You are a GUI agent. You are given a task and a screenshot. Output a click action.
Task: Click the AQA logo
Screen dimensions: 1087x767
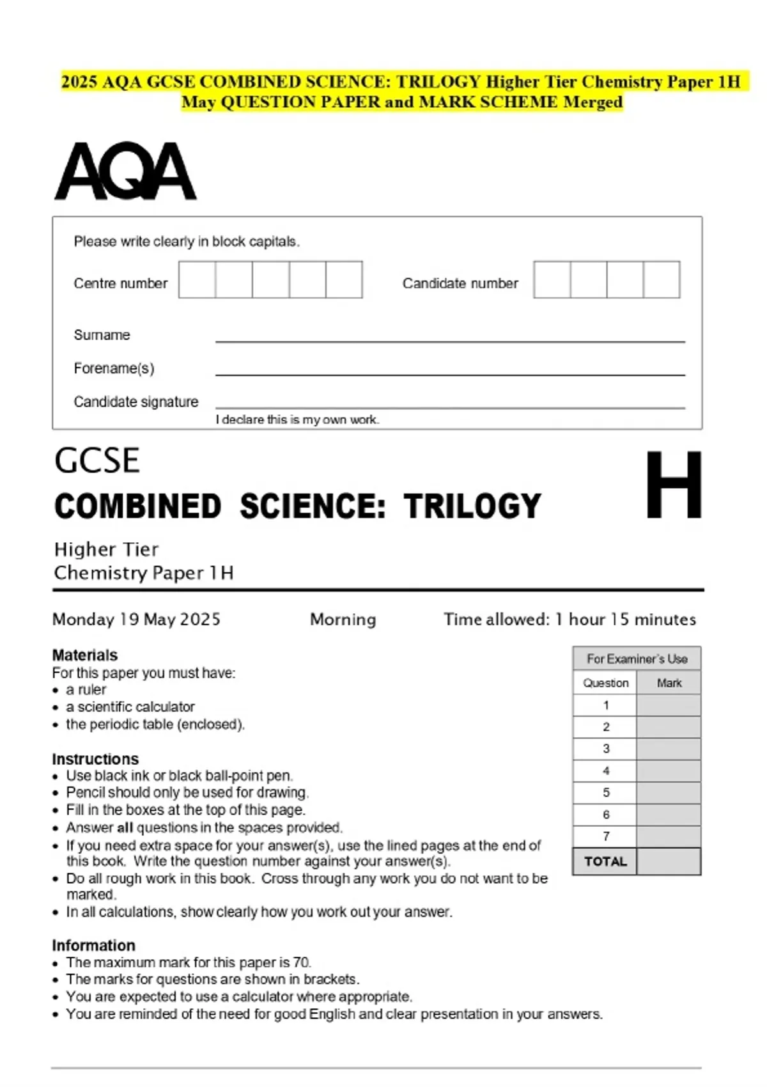[x=125, y=171]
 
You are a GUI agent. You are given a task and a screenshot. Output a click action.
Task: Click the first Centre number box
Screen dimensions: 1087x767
[x=197, y=279]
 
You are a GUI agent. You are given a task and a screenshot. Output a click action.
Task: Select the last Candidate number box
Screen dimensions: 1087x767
[x=662, y=279]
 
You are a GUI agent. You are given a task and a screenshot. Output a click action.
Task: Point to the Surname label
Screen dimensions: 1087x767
[x=102, y=335]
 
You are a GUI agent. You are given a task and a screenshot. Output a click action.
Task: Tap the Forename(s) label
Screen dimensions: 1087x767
[x=114, y=368]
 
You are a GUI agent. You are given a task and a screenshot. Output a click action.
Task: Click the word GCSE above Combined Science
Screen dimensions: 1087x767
[x=97, y=460]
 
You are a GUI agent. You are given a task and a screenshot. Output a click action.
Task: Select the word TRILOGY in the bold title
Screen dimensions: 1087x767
[x=472, y=506]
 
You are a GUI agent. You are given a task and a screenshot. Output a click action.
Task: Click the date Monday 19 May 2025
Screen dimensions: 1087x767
[x=136, y=619]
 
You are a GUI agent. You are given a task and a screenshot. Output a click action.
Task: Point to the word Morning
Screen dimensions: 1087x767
[x=343, y=619]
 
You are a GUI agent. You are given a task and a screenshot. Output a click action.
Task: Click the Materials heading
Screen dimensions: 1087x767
[x=85, y=655]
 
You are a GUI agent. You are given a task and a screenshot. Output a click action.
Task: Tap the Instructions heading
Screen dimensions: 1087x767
[x=95, y=759]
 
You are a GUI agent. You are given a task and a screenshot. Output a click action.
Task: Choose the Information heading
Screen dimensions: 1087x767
[x=93, y=945]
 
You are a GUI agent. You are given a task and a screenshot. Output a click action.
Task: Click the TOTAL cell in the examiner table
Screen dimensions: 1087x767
[x=605, y=861]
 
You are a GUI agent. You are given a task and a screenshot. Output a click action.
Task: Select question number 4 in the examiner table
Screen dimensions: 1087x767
[x=606, y=770]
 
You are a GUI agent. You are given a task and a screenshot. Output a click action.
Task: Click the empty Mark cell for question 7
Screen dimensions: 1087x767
[x=669, y=836]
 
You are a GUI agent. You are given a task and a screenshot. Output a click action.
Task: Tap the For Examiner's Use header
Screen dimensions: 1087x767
[x=637, y=659]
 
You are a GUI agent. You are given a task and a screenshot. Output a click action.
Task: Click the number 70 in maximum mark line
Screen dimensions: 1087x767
[x=301, y=962]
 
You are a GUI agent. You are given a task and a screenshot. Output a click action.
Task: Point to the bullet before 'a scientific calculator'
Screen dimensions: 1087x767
[x=56, y=708]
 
